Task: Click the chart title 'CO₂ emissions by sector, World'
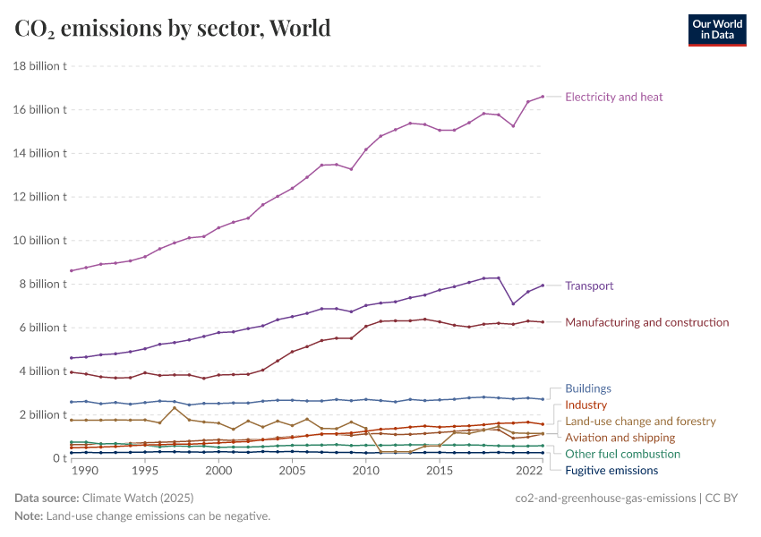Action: point(173,29)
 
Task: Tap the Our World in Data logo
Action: point(716,30)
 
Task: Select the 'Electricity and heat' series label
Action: point(613,97)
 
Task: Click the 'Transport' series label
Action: point(589,286)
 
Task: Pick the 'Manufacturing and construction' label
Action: point(646,322)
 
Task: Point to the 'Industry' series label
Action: point(586,405)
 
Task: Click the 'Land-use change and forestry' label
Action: point(640,421)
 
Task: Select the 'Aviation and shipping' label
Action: point(620,438)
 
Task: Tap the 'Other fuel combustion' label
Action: point(622,454)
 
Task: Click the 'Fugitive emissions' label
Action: point(611,470)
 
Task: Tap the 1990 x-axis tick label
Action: point(86,471)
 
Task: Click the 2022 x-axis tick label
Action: point(528,471)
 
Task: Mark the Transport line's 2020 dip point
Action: point(513,303)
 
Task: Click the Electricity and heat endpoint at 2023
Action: point(543,96)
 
